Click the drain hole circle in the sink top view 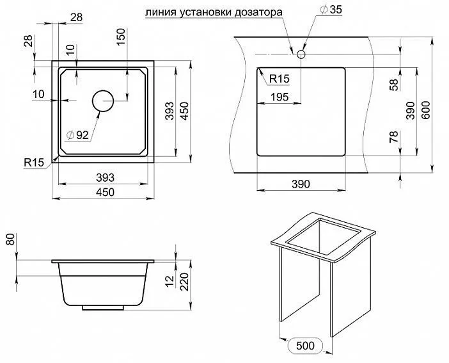pyautogui.click(x=102, y=101)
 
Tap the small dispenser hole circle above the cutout pyautogui.click(x=301, y=55)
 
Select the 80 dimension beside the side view pyautogui.click(x=10, y=242)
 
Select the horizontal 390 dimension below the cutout pyautogui.click(x=300, y=184)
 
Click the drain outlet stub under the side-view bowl pyautogui.click(x=102, y=308)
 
